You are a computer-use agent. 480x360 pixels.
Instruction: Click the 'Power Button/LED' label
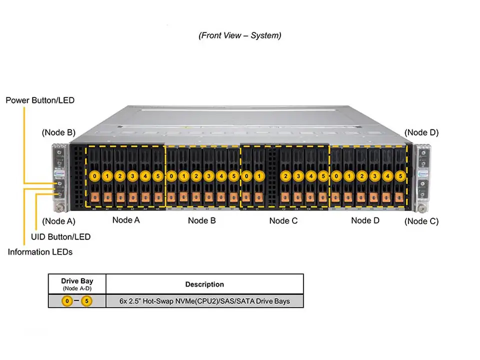(x=40, y=100)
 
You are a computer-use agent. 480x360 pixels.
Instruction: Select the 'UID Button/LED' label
(x=60, y=236)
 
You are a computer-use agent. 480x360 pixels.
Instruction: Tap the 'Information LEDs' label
(x=40, y=252)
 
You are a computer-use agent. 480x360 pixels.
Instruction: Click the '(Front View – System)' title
(x=240, y=35)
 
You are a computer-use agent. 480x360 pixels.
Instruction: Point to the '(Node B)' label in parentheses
(x=58, y=132)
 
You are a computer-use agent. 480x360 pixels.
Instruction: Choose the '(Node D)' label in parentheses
(x=421, y=132)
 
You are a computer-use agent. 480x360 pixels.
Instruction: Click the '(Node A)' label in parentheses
(x=58, y=221)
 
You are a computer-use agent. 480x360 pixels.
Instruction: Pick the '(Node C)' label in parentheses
(x=421, y=221)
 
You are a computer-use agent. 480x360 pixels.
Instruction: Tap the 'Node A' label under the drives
(x=126, y=220)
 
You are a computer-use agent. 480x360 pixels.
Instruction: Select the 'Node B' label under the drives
(x=201, y=220)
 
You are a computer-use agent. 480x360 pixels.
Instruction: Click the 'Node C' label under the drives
(x=283, y=220)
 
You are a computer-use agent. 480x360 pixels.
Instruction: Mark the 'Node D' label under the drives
(x=365, y=220)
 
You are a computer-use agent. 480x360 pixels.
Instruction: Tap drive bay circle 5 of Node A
(x=157, y=176)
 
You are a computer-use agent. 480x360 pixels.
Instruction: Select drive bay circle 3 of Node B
(x=208, y=176)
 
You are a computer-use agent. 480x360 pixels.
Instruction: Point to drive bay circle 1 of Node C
(x=259, y=176)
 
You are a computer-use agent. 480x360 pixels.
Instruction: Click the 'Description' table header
(x=204, y=284)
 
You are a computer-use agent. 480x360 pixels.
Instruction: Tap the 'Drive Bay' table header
(x=77, y=281)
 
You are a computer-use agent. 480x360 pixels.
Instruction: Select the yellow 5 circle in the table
(x=87, y=301)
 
